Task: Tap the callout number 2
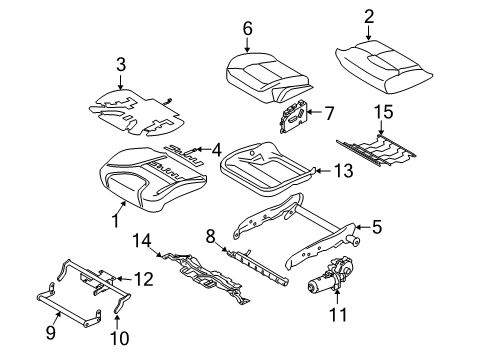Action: point(369,16)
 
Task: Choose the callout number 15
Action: point(382,108)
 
